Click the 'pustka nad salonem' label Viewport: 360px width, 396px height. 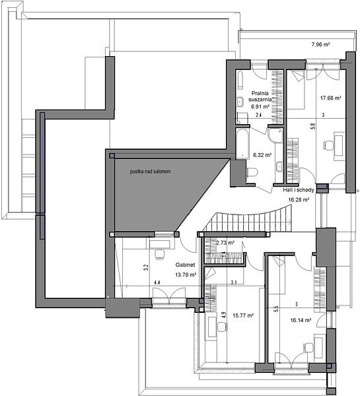150,172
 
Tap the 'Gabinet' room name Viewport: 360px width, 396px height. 186,265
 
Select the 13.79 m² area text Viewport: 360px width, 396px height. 186,275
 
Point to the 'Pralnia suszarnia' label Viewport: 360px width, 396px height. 260,96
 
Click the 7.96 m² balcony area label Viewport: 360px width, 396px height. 320,44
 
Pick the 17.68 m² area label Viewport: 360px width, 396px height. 331,98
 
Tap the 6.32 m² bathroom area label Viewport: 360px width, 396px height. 262,155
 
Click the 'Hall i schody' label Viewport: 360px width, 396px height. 299,190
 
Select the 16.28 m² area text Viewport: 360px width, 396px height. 299,200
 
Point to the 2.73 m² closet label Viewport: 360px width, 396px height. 225,243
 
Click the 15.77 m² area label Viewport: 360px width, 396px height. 243,315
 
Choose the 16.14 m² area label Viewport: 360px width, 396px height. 301,320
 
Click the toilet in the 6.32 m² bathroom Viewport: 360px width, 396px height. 252,172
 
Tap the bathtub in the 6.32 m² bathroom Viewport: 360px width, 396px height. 242,144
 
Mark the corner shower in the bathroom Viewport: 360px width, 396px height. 275,135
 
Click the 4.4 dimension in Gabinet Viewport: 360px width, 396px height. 157,282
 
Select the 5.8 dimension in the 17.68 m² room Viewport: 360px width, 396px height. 313,126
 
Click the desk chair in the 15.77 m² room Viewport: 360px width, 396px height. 222,327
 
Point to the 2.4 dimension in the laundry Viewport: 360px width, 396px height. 258,115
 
